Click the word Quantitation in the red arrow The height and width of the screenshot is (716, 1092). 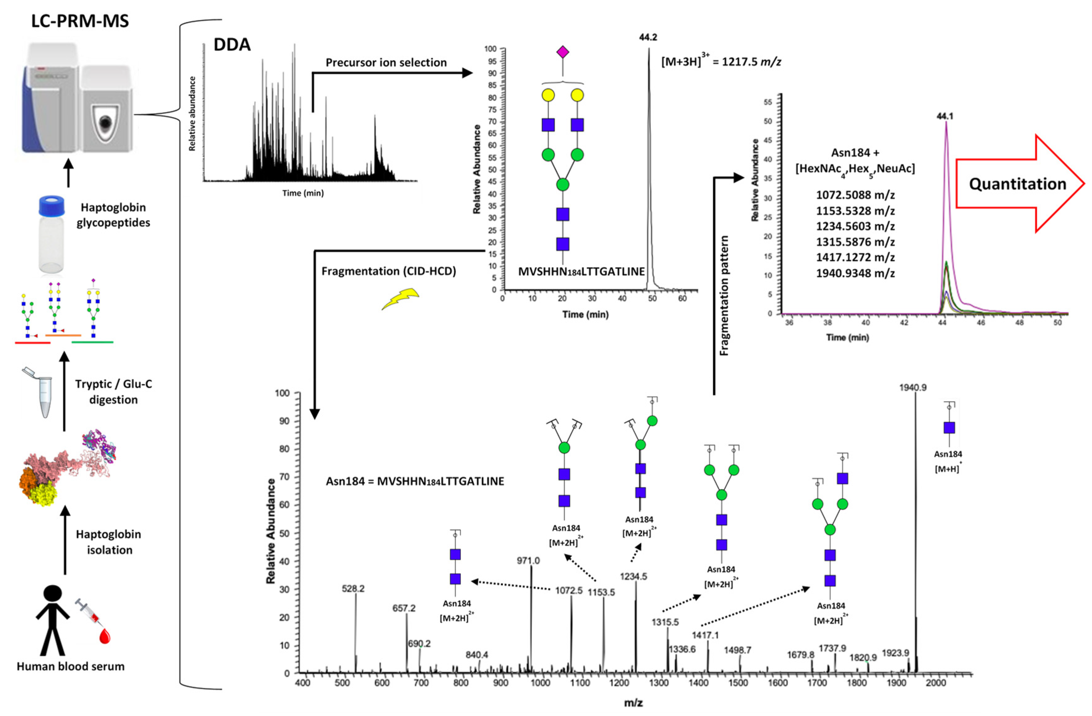point(1017,184)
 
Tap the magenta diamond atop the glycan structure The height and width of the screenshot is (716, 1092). point(563,52)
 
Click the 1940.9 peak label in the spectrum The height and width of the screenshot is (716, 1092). point(913,388)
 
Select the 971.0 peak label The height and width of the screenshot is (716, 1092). point(528,560)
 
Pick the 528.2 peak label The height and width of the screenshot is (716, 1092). point(353,588)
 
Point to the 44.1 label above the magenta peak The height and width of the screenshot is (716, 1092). point(945,116)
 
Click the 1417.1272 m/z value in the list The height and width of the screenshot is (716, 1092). point(855,257)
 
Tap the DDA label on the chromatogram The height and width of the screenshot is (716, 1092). point(232,45)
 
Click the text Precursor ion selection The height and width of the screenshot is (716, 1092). point(386,62)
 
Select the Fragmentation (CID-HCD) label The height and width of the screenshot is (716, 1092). point(389,271)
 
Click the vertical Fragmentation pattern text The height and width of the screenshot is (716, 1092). point(724,296)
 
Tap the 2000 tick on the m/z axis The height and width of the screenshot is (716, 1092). point(936,683)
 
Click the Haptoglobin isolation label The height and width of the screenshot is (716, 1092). point(109,542)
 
